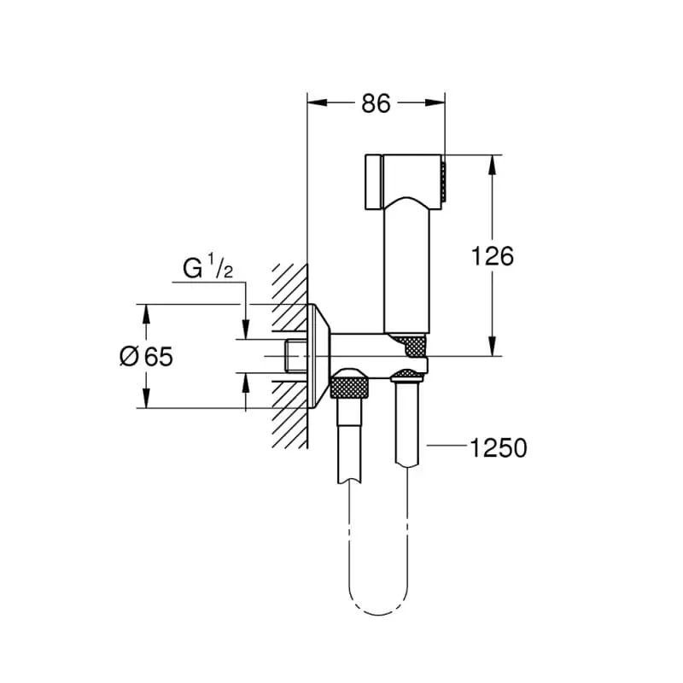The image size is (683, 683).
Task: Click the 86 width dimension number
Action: click(x=376, y=103)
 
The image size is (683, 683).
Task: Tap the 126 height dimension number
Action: click(x=493, y=255)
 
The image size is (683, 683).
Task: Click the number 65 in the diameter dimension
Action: click(x=157, y=356)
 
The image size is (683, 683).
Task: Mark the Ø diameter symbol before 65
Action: click(x=129, y=356)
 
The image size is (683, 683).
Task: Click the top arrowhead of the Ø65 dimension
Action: click(x=146, y=314)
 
